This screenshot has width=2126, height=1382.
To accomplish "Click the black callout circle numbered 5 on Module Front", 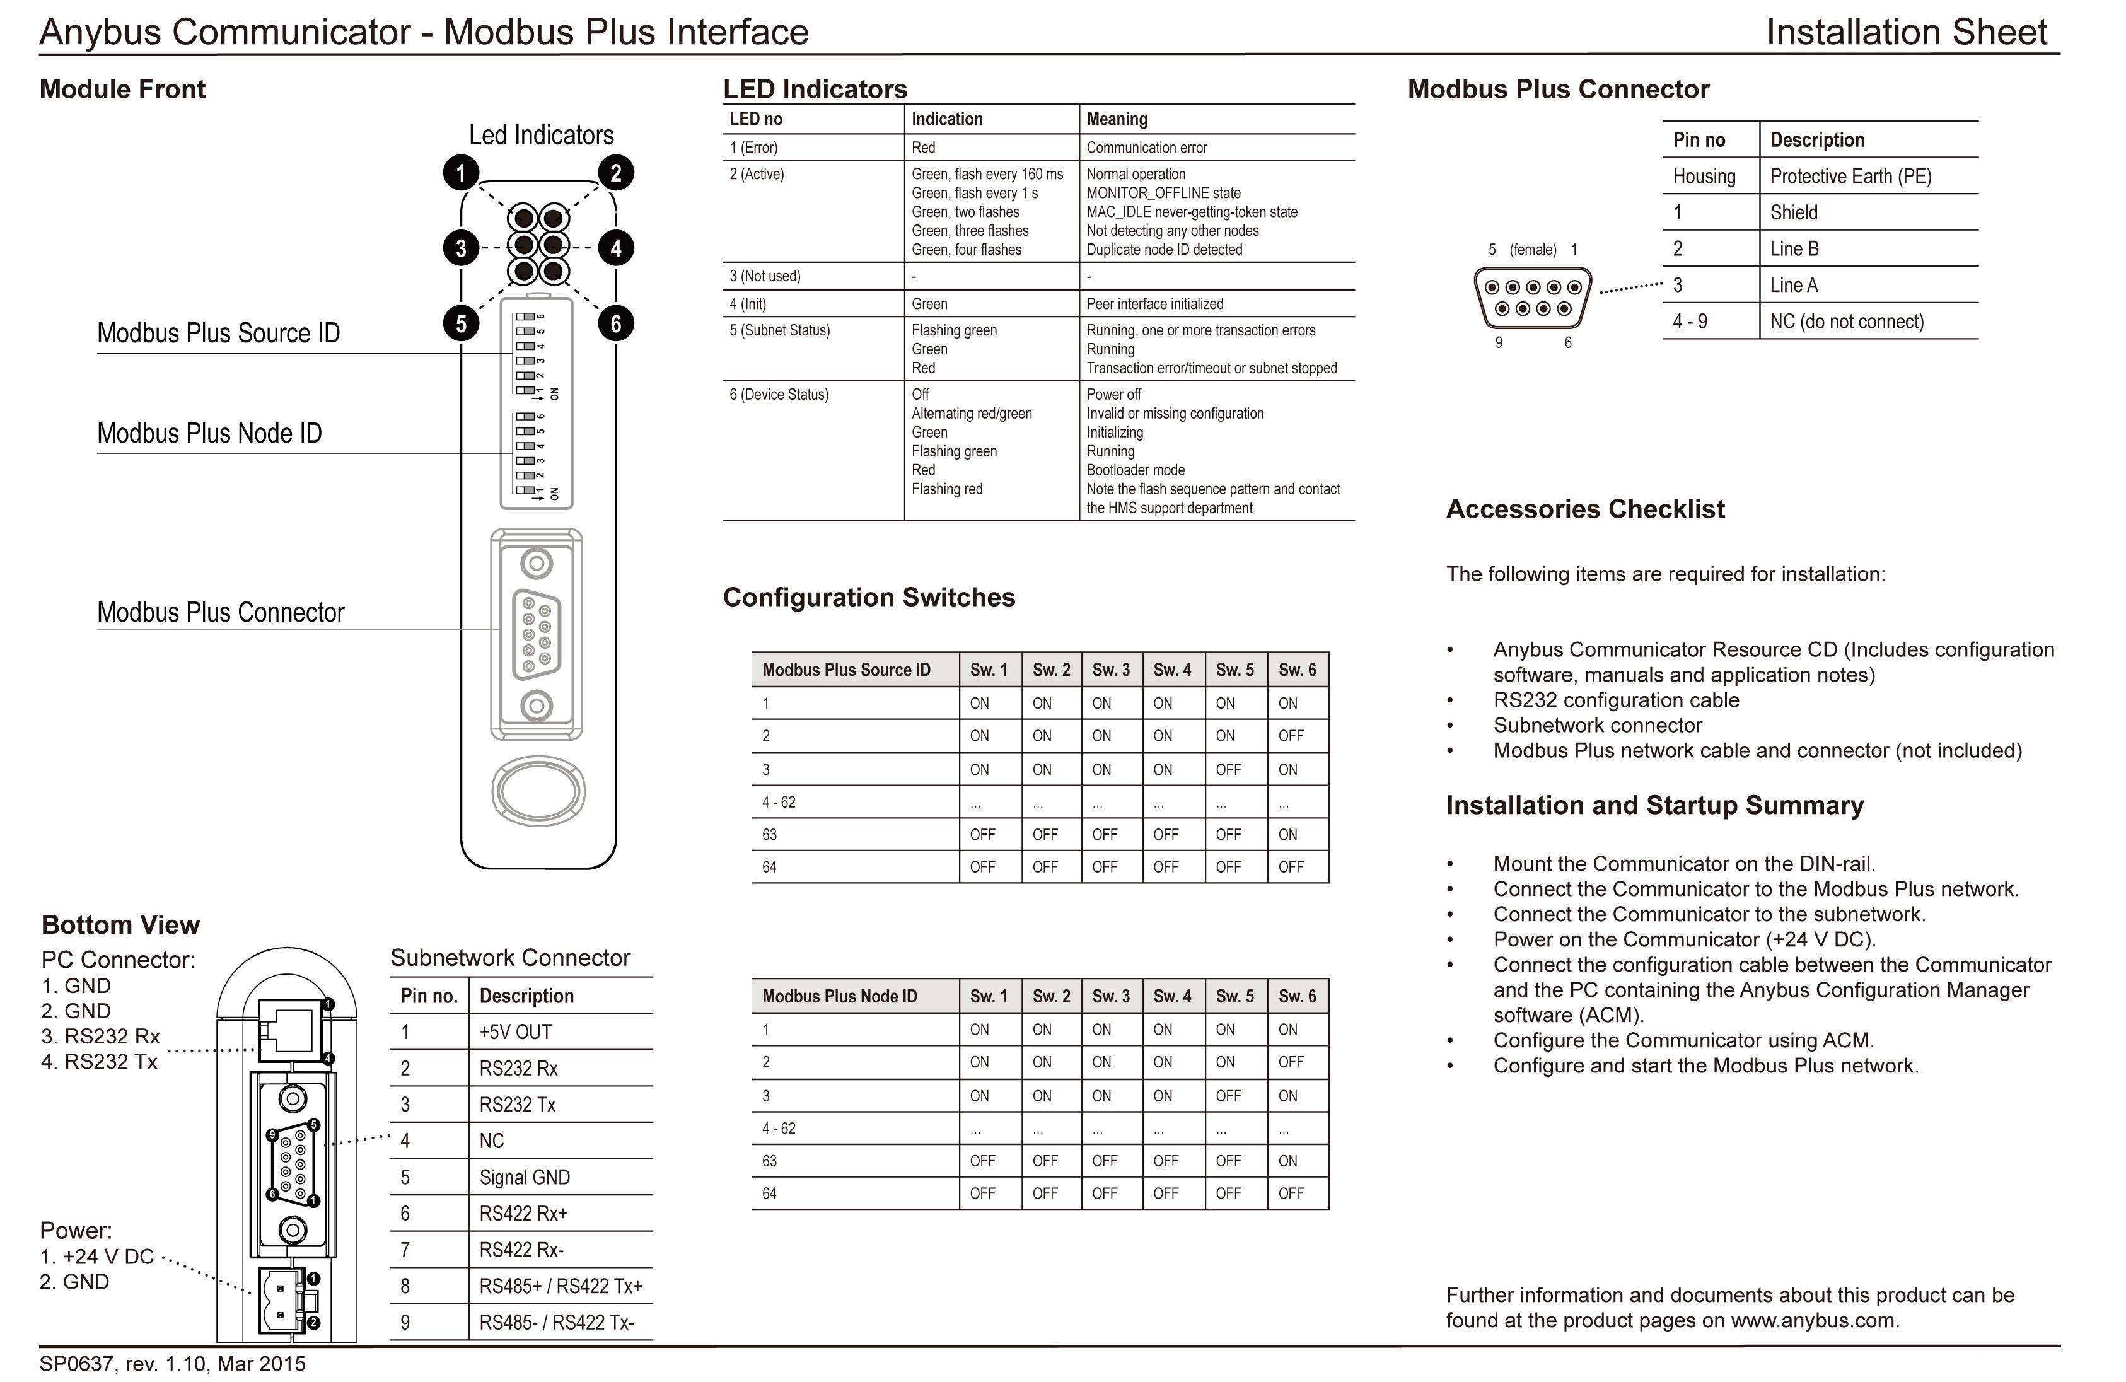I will [x=461, y=323].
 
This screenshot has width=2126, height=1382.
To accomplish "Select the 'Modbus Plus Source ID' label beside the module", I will [x=218, y=334].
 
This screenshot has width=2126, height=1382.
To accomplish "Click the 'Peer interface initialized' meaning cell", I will [x=1154, y=304].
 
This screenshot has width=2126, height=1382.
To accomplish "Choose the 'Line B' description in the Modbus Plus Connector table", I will [x=1794, y=249].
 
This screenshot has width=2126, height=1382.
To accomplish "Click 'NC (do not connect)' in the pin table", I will [x=1847, y=322].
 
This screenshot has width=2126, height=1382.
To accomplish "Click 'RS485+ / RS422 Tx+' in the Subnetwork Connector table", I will [x=560, y=1286].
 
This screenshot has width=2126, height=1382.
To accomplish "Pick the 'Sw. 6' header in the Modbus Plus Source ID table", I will [x=1296, y=670].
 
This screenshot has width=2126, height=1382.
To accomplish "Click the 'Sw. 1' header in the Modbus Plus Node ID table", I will [x=988, y=996].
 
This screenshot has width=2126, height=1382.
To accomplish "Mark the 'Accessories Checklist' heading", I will [x=1584, y=509].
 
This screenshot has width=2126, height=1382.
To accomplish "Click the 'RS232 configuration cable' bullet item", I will [x=1615, y=700].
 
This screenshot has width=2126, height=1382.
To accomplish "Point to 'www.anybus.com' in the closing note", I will [x=1813, y=1320].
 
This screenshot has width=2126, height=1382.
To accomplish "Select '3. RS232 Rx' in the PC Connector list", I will [x=100, y=1036].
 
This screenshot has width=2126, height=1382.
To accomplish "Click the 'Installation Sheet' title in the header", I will [x=1905, y=32].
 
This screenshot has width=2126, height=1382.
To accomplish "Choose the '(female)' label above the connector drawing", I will [x=1532, y=250].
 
